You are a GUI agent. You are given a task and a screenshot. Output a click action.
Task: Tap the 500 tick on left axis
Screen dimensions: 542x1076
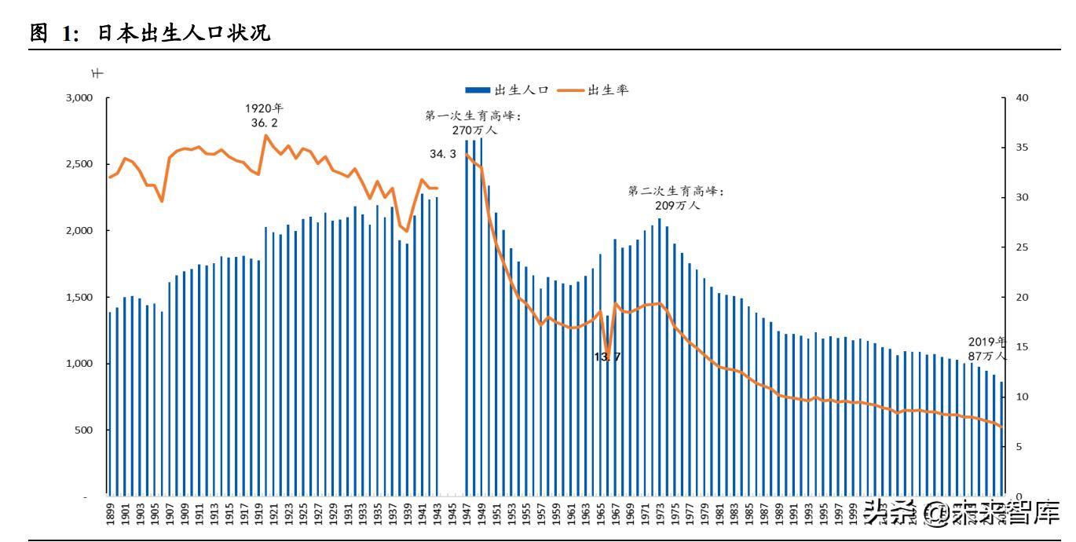tap(84, 430)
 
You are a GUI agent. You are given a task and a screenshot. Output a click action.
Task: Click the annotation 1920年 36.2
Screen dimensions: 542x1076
tap(264, 115)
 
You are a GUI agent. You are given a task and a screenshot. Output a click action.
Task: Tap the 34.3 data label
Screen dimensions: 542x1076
tap(443, 155)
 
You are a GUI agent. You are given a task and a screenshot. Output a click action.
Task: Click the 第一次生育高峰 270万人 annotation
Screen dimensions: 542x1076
tap(473, 123)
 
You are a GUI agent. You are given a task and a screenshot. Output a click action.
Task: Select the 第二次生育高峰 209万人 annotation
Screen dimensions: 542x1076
tap(676, 198)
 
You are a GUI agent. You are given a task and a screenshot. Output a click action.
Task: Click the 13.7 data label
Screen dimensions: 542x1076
tap(608, 357)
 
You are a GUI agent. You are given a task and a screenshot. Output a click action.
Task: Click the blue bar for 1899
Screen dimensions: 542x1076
tap(110, 405)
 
